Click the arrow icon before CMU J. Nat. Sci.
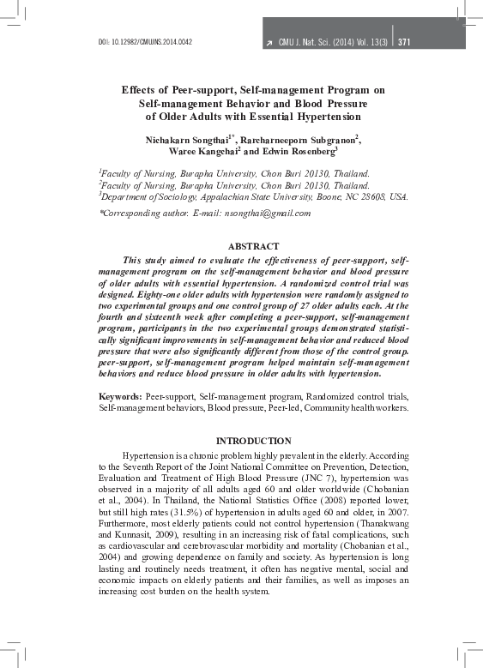(269, 42)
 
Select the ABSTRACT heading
(253, 246)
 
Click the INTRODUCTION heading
(253, 440)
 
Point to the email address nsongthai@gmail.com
(262, 213)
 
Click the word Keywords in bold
(119, 398)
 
